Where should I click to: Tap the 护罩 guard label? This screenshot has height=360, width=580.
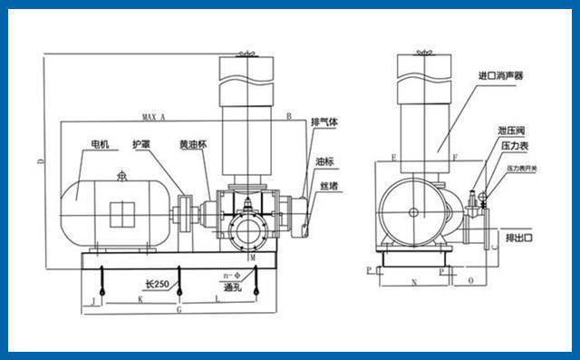[x=141, y=144]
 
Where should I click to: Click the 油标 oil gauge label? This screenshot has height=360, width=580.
[x=324, y=161]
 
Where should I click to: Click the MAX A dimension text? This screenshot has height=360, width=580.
[x=155, y=118]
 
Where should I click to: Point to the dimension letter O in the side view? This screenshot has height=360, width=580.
[x=472, y=282]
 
